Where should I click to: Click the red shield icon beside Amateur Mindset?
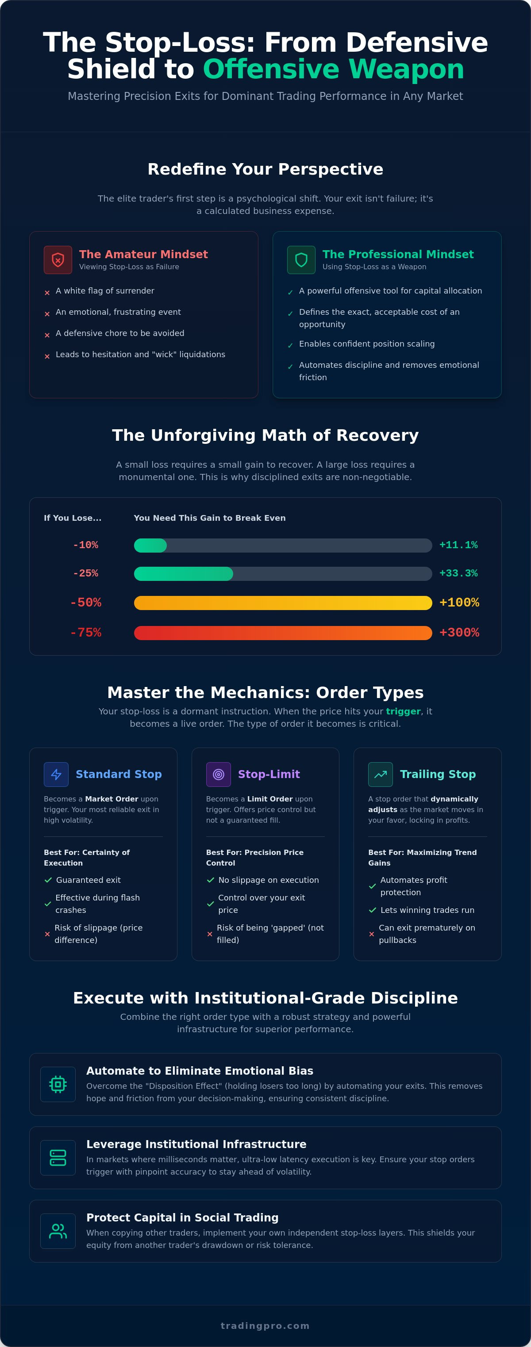coord(58,260)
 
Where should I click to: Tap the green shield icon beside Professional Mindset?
coord(301,260)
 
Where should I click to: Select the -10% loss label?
coord(86,545)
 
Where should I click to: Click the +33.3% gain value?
coord(458,573)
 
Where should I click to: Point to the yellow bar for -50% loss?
coord(283,603)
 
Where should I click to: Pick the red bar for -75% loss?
coord(283,633)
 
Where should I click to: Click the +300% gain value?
coord(459,633)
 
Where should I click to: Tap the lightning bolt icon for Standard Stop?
coord(57,775)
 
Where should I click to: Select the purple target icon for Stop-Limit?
coord(219,775)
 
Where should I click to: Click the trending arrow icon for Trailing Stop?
coord(381,775)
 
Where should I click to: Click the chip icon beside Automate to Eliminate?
coord(58,1084)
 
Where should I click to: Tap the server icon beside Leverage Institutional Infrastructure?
coord(58,1158)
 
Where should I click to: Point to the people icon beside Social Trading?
coord(58,1231)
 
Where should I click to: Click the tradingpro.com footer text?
coord(265,1326)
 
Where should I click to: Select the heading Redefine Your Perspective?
coord(265,169)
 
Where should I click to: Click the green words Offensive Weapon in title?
coord(334,69)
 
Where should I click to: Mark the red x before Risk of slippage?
coord(47,934)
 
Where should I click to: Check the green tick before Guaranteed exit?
coord(48,880)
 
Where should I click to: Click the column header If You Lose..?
coord(73,518)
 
